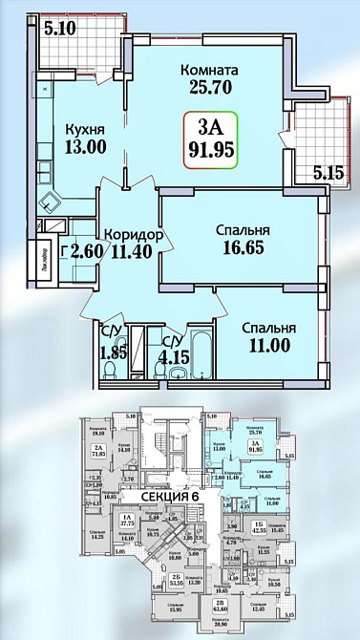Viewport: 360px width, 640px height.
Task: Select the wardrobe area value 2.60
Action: [x=80, y=253]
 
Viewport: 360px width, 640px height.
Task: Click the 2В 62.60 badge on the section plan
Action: [x=222, y=606]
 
